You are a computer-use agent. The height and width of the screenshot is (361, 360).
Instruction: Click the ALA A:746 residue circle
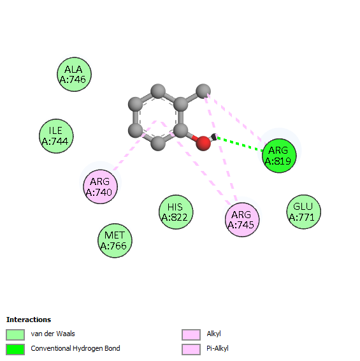point(74,75)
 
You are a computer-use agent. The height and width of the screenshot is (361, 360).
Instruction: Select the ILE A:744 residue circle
point(56,136)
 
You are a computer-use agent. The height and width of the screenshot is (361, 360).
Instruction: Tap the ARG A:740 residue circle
point(100,187)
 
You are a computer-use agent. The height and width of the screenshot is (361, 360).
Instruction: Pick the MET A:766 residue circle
point(115,240)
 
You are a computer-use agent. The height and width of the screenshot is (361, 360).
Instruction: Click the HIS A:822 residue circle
point(176,212)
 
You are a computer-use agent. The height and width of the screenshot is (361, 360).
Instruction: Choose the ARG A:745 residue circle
point(242,219)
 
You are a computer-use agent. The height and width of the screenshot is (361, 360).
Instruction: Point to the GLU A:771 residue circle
point(304,212)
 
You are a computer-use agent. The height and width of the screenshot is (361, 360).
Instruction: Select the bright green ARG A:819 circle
point(279,156)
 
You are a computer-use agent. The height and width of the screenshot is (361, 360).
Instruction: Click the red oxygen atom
point(203,144)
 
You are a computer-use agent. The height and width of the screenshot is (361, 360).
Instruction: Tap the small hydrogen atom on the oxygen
point(214,136)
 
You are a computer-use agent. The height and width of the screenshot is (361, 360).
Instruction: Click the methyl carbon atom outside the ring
point(203,91)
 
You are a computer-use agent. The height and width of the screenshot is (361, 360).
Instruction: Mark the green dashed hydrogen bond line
point(240,144)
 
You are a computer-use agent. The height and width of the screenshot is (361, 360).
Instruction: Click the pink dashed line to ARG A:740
point(134,145)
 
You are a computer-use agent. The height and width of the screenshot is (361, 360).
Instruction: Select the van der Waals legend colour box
point(15,334)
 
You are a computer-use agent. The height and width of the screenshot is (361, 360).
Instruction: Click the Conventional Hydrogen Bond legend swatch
point(15,350)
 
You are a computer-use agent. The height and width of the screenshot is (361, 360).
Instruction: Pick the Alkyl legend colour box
point(191,334)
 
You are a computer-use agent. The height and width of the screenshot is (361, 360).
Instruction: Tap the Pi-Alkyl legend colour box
point(191,350)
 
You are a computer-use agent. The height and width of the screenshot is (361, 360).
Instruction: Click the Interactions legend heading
point(29,320)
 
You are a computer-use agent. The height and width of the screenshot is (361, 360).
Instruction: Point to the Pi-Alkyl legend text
point(217,349)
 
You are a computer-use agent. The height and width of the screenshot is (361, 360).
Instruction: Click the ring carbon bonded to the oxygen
point(180,130)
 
